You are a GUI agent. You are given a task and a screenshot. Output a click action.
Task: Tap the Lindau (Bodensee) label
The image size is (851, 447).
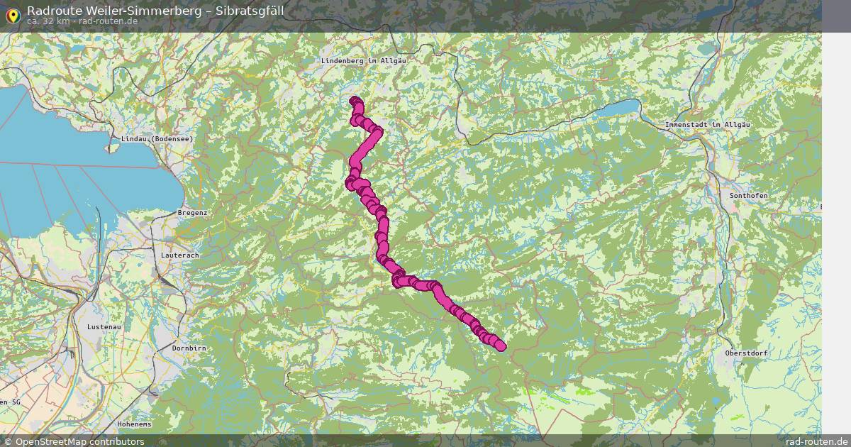tap(157, 139)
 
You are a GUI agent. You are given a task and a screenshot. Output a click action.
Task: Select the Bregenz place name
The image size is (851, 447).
tap(192, 213)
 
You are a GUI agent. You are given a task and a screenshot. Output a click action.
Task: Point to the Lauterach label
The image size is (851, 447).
tap(180, 255)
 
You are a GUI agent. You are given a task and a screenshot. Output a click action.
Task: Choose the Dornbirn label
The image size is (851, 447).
tap(189, 348)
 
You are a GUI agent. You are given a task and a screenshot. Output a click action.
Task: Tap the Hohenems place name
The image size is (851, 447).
tap(135, 424)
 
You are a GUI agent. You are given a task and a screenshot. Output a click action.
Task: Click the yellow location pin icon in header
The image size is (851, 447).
tap(13, 15)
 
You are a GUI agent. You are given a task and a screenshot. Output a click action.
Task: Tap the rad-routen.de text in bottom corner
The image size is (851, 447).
tap(816, 441)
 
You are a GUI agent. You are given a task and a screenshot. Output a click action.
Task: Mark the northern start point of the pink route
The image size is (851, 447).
tap(355, 101)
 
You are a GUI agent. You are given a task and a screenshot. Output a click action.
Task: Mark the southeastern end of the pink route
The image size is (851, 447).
tap(501, 346)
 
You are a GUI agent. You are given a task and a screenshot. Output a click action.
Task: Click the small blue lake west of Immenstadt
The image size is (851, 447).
tap(616, 109)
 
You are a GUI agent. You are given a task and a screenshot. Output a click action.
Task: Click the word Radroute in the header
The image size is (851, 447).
tap(50, 11)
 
